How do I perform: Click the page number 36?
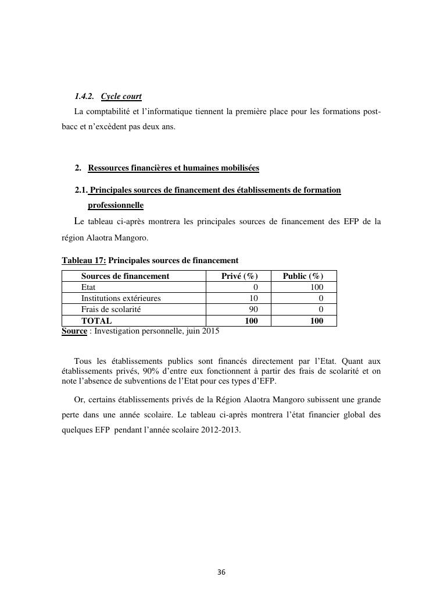click(221, 572)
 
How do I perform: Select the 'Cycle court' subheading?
click(121, 96)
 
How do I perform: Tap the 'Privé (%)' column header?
click(239, 276)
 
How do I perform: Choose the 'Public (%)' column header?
click(303, 276)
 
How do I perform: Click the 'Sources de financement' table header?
click(125, 276)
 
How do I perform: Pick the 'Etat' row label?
click(88, 287)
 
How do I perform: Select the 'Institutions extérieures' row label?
click(121, 298)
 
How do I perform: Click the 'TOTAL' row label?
click(96, 320)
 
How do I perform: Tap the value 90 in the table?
click(253, 309)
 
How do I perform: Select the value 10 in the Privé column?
click(253, 298)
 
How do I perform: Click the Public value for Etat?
click(317, 287)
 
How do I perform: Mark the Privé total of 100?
click(251, 320)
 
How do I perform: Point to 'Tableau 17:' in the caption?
click(84, 260)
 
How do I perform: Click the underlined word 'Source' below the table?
click(74, 331)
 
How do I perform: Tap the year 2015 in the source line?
click(210, 331)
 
